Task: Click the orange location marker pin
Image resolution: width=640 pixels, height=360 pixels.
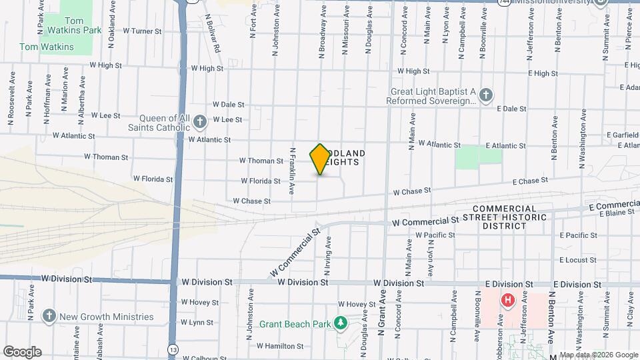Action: [320, 159]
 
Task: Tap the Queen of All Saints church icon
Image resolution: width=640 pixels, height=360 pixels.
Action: [201, 121]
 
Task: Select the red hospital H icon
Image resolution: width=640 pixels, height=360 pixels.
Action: [508, 301]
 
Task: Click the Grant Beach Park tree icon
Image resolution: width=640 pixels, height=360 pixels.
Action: [341, 323]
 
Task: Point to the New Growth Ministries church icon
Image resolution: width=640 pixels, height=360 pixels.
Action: [48, 317]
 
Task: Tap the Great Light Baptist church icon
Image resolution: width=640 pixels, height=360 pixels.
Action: [486, 95]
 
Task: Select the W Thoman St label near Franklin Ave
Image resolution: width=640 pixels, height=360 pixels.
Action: [261, 161]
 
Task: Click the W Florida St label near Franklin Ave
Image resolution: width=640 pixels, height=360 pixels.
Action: [260, 181]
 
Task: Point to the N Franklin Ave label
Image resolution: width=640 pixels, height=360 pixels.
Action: [292, 171]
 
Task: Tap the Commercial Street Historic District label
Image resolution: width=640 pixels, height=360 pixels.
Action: [514, 217]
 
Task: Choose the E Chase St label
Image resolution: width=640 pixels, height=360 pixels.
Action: [530, 180]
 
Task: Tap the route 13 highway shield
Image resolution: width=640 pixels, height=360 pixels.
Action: [173, 350]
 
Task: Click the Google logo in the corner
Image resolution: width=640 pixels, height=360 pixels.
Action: [22, 351]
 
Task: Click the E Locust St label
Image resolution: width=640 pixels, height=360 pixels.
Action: [578, 259]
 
